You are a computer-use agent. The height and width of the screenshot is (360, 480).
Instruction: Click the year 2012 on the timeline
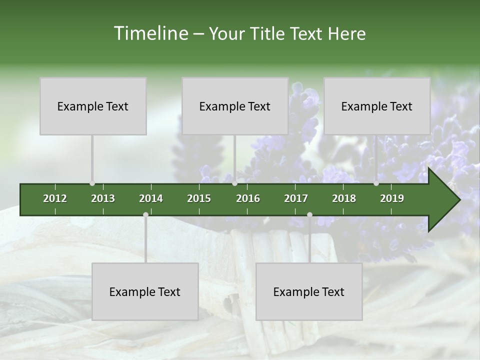point(55,198)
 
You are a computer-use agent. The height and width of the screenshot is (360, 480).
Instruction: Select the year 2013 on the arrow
point(103,198)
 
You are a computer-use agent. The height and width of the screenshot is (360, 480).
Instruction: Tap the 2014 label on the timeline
point(151,198)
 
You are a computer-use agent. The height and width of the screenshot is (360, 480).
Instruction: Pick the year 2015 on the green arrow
point(199,198)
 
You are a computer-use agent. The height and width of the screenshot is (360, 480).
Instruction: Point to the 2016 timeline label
point(248,198)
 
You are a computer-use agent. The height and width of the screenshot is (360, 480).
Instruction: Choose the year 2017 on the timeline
point(296,198)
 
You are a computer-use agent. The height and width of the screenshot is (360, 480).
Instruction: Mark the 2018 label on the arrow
point(344,198)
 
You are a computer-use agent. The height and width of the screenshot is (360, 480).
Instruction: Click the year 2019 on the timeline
point(392,198)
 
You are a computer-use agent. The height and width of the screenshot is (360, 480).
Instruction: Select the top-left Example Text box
point(93,106)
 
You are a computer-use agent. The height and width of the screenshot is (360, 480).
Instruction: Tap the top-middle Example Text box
point(235,106)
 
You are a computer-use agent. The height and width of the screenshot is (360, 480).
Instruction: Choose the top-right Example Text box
point(377,106)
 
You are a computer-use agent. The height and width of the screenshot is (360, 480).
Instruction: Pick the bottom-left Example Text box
point(145,291)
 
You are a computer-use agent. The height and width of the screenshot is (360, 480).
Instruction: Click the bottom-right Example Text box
point(309,291)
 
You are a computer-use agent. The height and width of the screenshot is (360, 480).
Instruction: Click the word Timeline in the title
point(150,33)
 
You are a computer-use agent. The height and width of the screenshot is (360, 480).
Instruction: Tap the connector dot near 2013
point(92,183)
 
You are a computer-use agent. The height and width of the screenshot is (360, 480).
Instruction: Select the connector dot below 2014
point(145,215)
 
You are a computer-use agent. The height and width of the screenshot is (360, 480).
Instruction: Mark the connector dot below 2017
point(309,215)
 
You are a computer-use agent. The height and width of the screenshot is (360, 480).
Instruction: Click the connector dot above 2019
point(376,183)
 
